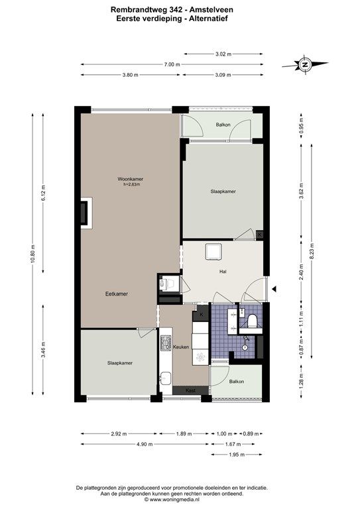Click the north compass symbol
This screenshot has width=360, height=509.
pos(305,64)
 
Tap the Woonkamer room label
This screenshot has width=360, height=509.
pos(130,179)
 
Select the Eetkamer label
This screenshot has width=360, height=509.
pos(117,294)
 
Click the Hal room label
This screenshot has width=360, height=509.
pos(223,272)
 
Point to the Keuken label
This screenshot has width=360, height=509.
pos(181,347)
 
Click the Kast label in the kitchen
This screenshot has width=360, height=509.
pos(191,390)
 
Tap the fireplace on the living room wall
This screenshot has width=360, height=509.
pos(86,213)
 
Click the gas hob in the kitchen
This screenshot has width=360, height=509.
pos(166,343)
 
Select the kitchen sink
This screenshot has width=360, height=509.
pos(165,378)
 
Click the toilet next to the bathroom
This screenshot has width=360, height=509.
pos(252,321)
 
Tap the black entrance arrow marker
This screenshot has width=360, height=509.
pos(274,288)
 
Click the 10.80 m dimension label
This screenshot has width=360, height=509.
pos(32,254)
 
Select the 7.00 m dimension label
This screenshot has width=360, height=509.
pos(172,64)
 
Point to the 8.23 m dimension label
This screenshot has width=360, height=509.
pos(312,251)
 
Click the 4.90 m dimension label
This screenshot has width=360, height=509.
pos(145,444)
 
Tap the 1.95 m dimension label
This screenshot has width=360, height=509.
pos(237,455)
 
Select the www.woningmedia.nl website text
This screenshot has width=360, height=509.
pos(174,500)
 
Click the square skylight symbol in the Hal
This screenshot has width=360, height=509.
pos(213,252)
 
